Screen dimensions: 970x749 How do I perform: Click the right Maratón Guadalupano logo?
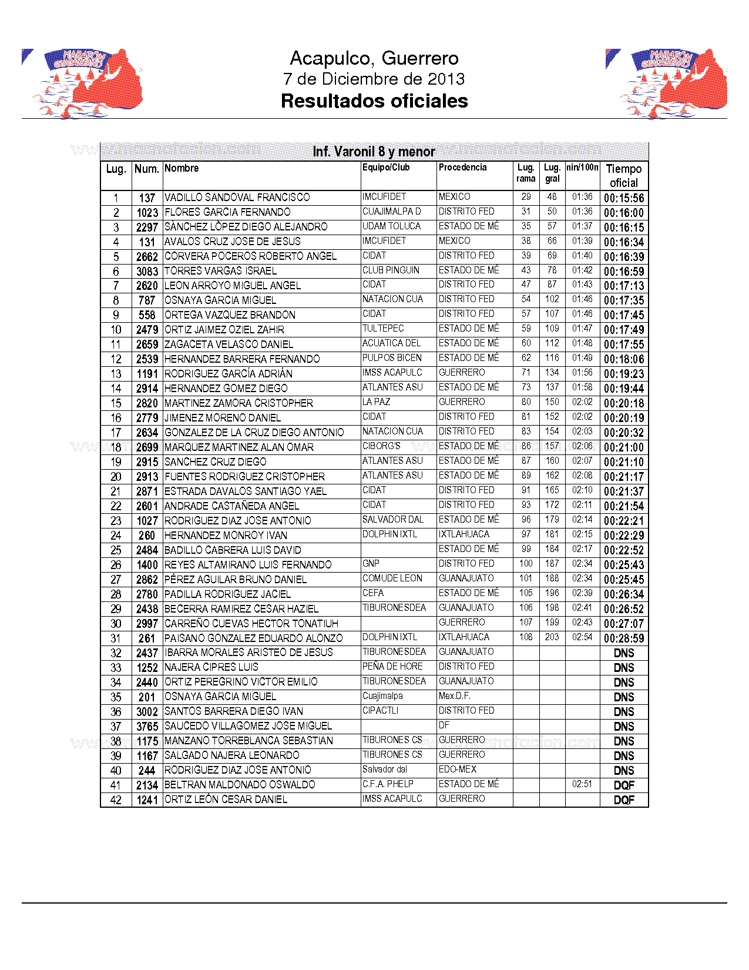coord(667,82)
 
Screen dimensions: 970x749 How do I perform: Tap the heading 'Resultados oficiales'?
coord(374,101)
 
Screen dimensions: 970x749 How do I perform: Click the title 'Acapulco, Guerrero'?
coord(374,58)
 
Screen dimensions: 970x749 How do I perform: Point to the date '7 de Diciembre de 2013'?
coord(374,79)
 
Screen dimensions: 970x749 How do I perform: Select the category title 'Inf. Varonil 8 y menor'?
coord(374,152)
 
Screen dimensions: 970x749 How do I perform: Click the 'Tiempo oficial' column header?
coord(623,176)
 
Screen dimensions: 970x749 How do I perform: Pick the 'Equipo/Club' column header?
coord(386,168)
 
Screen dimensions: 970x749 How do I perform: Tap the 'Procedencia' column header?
coord(462,168)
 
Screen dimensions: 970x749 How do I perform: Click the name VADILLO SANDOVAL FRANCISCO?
coord(237,198)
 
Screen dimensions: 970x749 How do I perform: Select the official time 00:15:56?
coord(623,198)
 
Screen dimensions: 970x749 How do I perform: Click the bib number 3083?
coord(147,272)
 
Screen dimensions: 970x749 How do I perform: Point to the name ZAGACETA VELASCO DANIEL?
coord(229,344)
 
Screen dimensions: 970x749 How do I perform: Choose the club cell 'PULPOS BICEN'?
coord(392,358)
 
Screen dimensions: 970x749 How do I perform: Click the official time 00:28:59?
coord(623,638)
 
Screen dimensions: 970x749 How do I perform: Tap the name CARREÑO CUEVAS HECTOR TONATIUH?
coord(251,624)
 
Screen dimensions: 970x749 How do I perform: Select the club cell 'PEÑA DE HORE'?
coord(392,667)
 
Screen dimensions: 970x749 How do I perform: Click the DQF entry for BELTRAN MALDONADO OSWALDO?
coord(623,785)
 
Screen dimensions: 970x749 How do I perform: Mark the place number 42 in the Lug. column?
coord(116,800)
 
